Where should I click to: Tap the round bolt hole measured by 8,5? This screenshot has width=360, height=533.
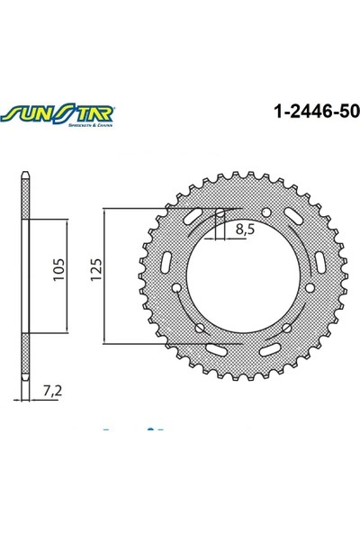[219, 214]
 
